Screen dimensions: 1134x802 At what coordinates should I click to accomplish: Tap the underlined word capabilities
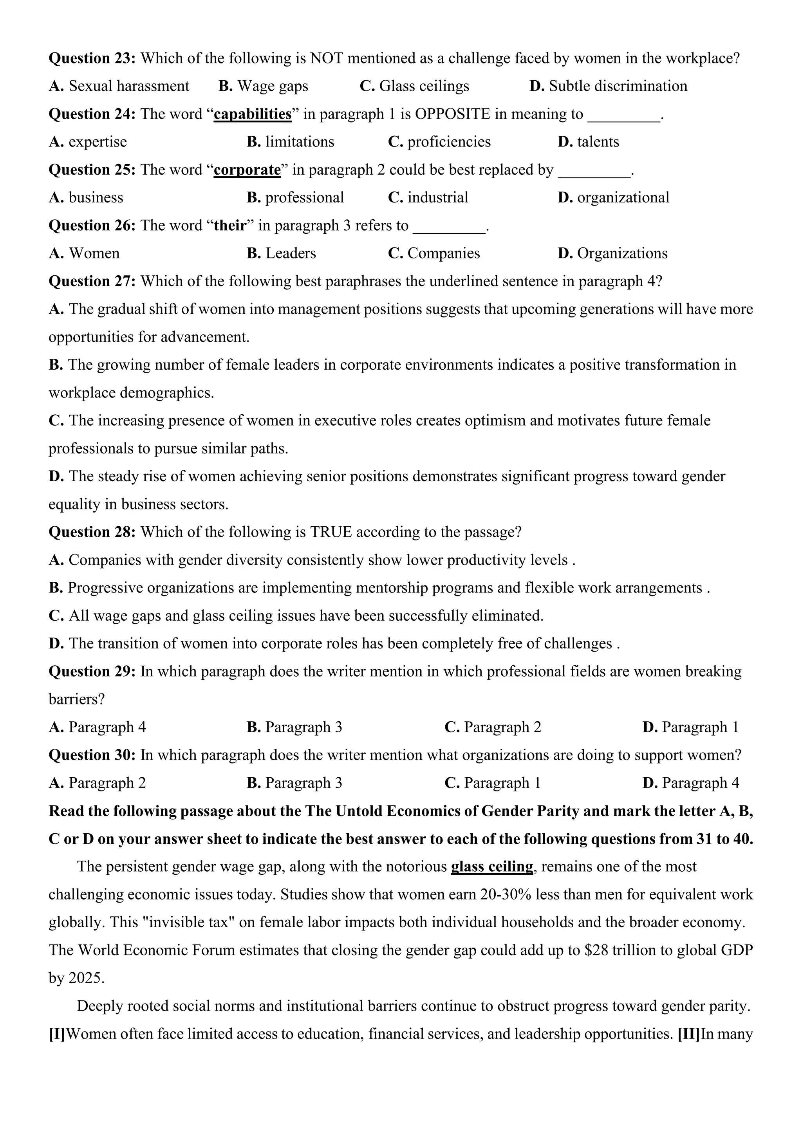click(252, 114)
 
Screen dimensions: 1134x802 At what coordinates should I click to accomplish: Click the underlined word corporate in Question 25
click(247, 170)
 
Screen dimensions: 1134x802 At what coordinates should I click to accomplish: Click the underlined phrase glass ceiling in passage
click(492, 866)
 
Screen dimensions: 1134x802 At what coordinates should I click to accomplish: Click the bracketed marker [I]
click(57, 1034)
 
